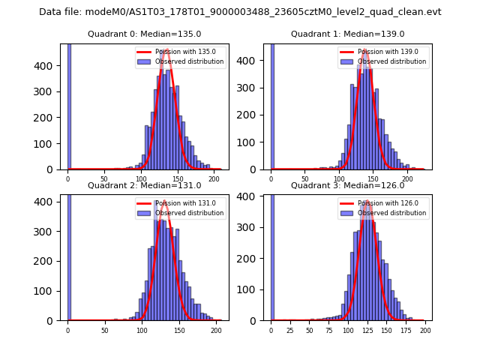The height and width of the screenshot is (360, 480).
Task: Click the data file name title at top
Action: click(240, 12)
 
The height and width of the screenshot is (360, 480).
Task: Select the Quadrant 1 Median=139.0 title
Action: click(348, 34)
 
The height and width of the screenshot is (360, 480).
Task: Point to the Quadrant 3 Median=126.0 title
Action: click(348, 185)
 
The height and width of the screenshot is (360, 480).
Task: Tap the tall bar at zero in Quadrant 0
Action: click(69, 105)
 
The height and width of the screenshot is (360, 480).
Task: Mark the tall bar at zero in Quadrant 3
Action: click(272, 255)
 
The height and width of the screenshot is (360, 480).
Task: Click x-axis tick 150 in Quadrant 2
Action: click(178, 331)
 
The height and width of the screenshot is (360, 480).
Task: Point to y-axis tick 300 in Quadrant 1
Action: click(254, 88)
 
